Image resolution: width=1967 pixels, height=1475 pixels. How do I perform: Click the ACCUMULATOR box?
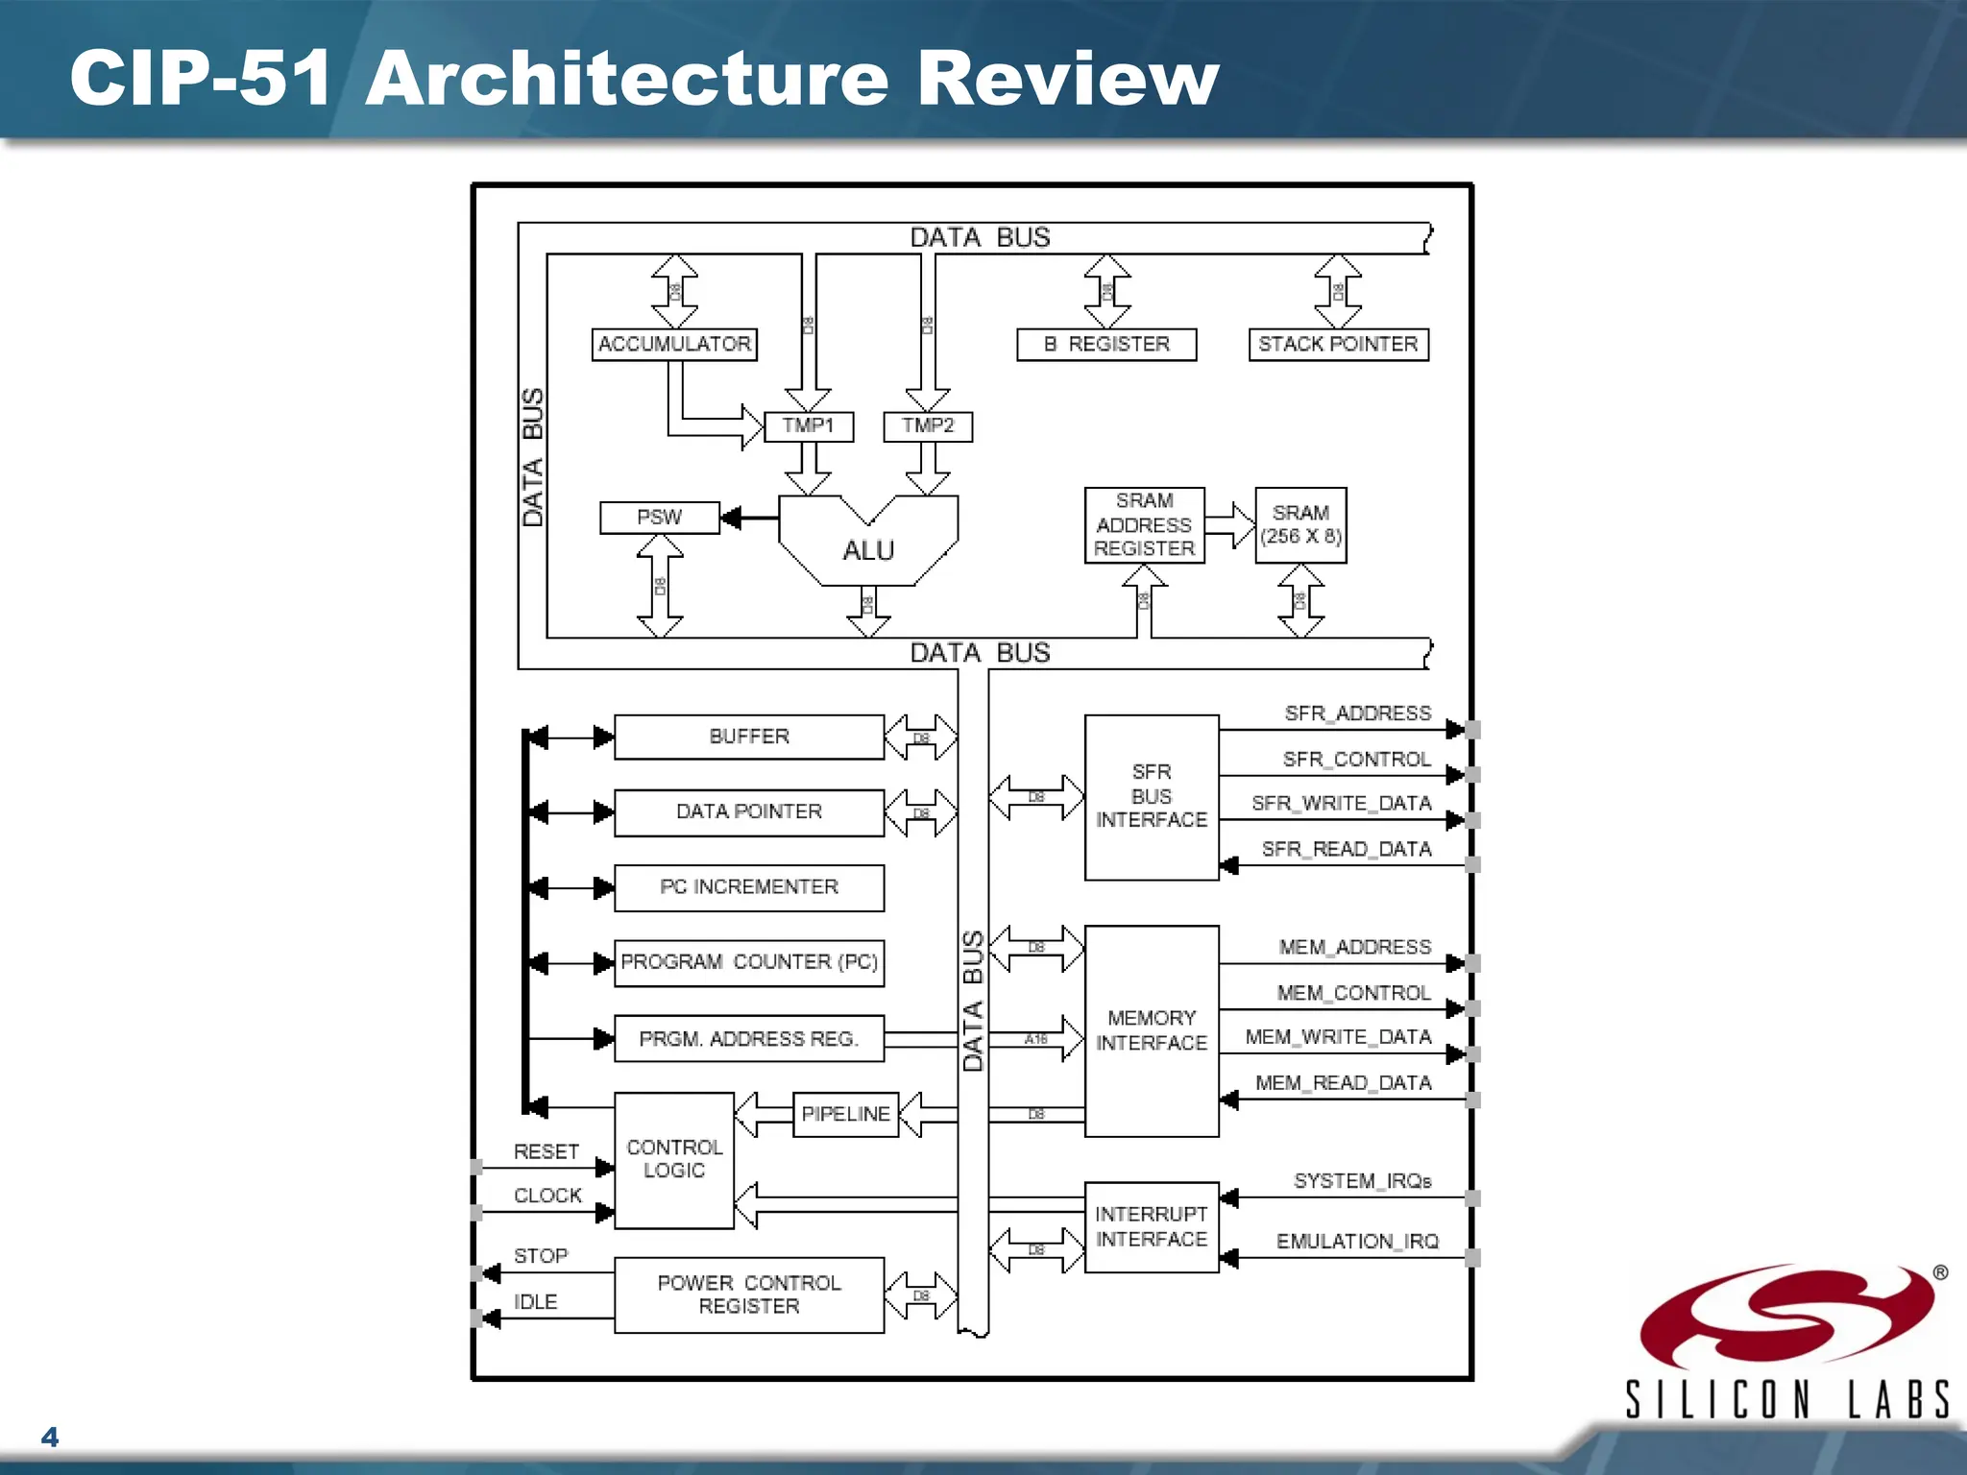(x=674, y=344)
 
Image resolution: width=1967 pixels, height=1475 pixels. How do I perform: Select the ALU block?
(x=868, y=549)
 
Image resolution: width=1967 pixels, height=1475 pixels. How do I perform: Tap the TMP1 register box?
(x=809, y=426)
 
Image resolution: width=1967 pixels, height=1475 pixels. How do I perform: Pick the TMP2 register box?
(x=928, y=426)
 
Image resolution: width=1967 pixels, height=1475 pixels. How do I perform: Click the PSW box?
(x=659, y=518)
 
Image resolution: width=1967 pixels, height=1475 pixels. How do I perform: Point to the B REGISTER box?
(x=1106, y=344)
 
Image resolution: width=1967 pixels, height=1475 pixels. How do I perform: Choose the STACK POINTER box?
(x=1338, y=344)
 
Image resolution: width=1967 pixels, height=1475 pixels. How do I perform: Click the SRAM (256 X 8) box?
(x=1300, y=525)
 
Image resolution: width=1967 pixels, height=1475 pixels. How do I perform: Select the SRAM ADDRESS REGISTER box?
(x=1144, y=525)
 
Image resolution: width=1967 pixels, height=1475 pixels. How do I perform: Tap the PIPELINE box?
(x=845, y=1114)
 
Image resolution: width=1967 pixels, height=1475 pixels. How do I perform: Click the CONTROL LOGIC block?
(x=674, y=1160)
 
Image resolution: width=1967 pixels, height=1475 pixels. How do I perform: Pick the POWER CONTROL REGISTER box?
(x=749, y=1294)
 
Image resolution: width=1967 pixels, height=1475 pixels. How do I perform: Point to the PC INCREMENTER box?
(x=749, y=887)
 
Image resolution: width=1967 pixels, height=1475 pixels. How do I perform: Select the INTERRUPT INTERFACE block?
(x=1152, y=1227)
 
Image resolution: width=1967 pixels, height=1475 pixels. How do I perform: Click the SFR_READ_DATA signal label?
(x=1347, y=849)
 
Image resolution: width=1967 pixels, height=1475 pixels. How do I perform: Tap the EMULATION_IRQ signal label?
(x=1357, y=1242)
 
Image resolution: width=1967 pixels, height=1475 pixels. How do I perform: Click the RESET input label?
(x=546, y=1151)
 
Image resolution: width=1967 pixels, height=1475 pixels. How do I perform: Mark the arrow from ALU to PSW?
(x=749, y=519)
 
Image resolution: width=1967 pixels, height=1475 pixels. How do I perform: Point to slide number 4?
(x=50, y=1437)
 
